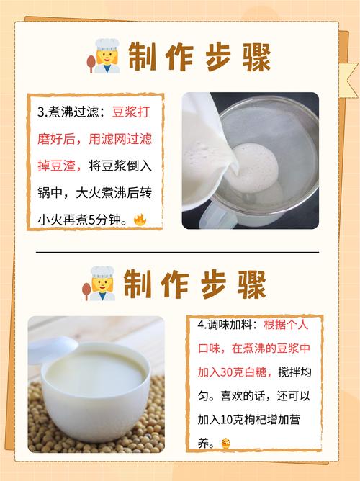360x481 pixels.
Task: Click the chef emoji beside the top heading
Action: coord(104,56)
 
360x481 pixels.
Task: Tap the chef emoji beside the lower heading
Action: coord(99,284)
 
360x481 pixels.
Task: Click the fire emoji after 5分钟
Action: coord(140,220)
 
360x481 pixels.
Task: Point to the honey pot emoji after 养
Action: coord(225,444)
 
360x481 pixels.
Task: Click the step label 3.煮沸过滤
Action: coord(68,112)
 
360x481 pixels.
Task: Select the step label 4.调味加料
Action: coord(225,325)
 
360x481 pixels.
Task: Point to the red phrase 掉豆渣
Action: coord(56,166)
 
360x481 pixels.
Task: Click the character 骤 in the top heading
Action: coord(256,58)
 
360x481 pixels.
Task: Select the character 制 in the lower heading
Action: coord(138,284)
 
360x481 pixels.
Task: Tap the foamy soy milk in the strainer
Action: coord(254,168)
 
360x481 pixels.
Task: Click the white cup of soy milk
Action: coord(96,390)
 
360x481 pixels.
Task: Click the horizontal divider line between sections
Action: coord(177,253)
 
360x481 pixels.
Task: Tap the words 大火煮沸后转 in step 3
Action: coord(114,193)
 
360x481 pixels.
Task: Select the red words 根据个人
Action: coord(286,325)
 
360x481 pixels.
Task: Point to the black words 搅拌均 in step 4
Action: coord(294,372)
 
